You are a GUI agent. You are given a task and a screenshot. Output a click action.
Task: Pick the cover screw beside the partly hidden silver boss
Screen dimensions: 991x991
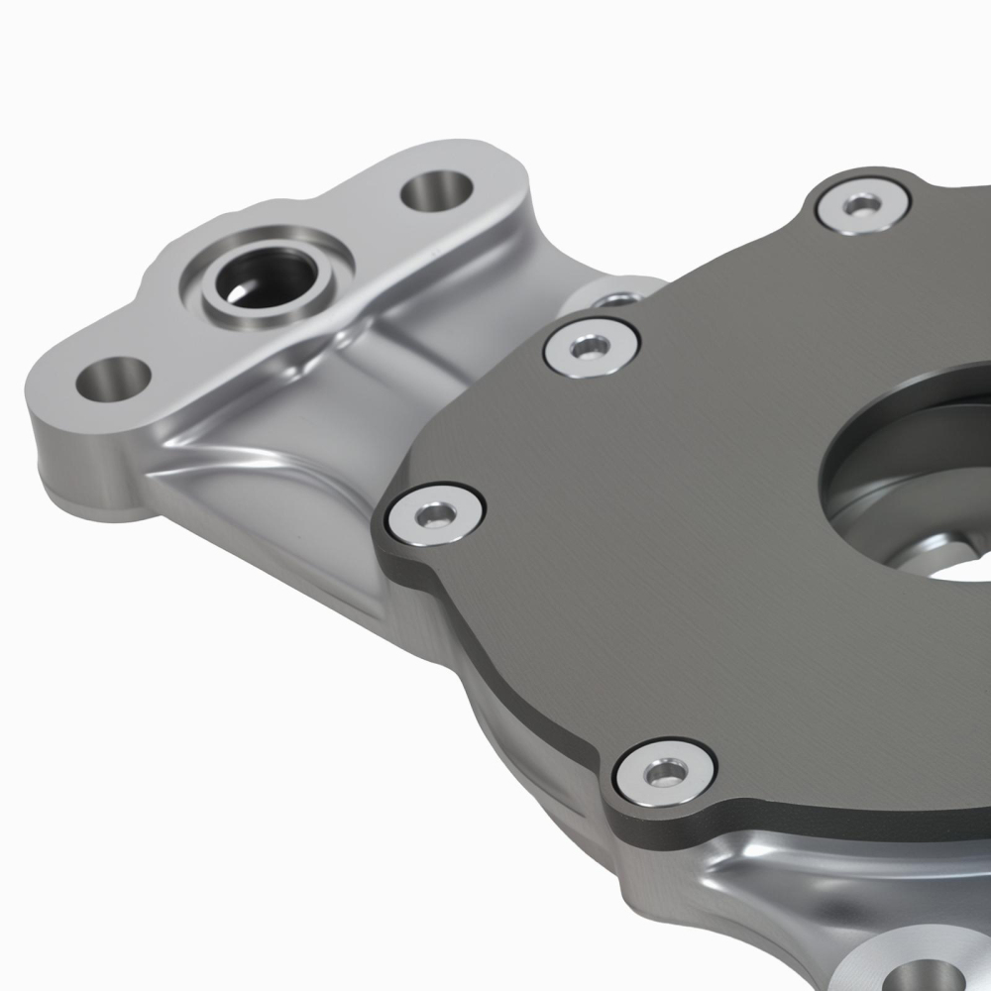tap(591, 345)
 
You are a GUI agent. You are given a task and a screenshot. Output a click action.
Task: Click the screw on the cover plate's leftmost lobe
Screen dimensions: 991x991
tap(435, 512)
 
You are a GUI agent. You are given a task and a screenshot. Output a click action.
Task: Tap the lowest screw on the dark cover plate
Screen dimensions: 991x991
tap(665, 770)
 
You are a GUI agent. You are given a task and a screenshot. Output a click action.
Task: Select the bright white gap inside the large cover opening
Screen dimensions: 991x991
tap(946, 570)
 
